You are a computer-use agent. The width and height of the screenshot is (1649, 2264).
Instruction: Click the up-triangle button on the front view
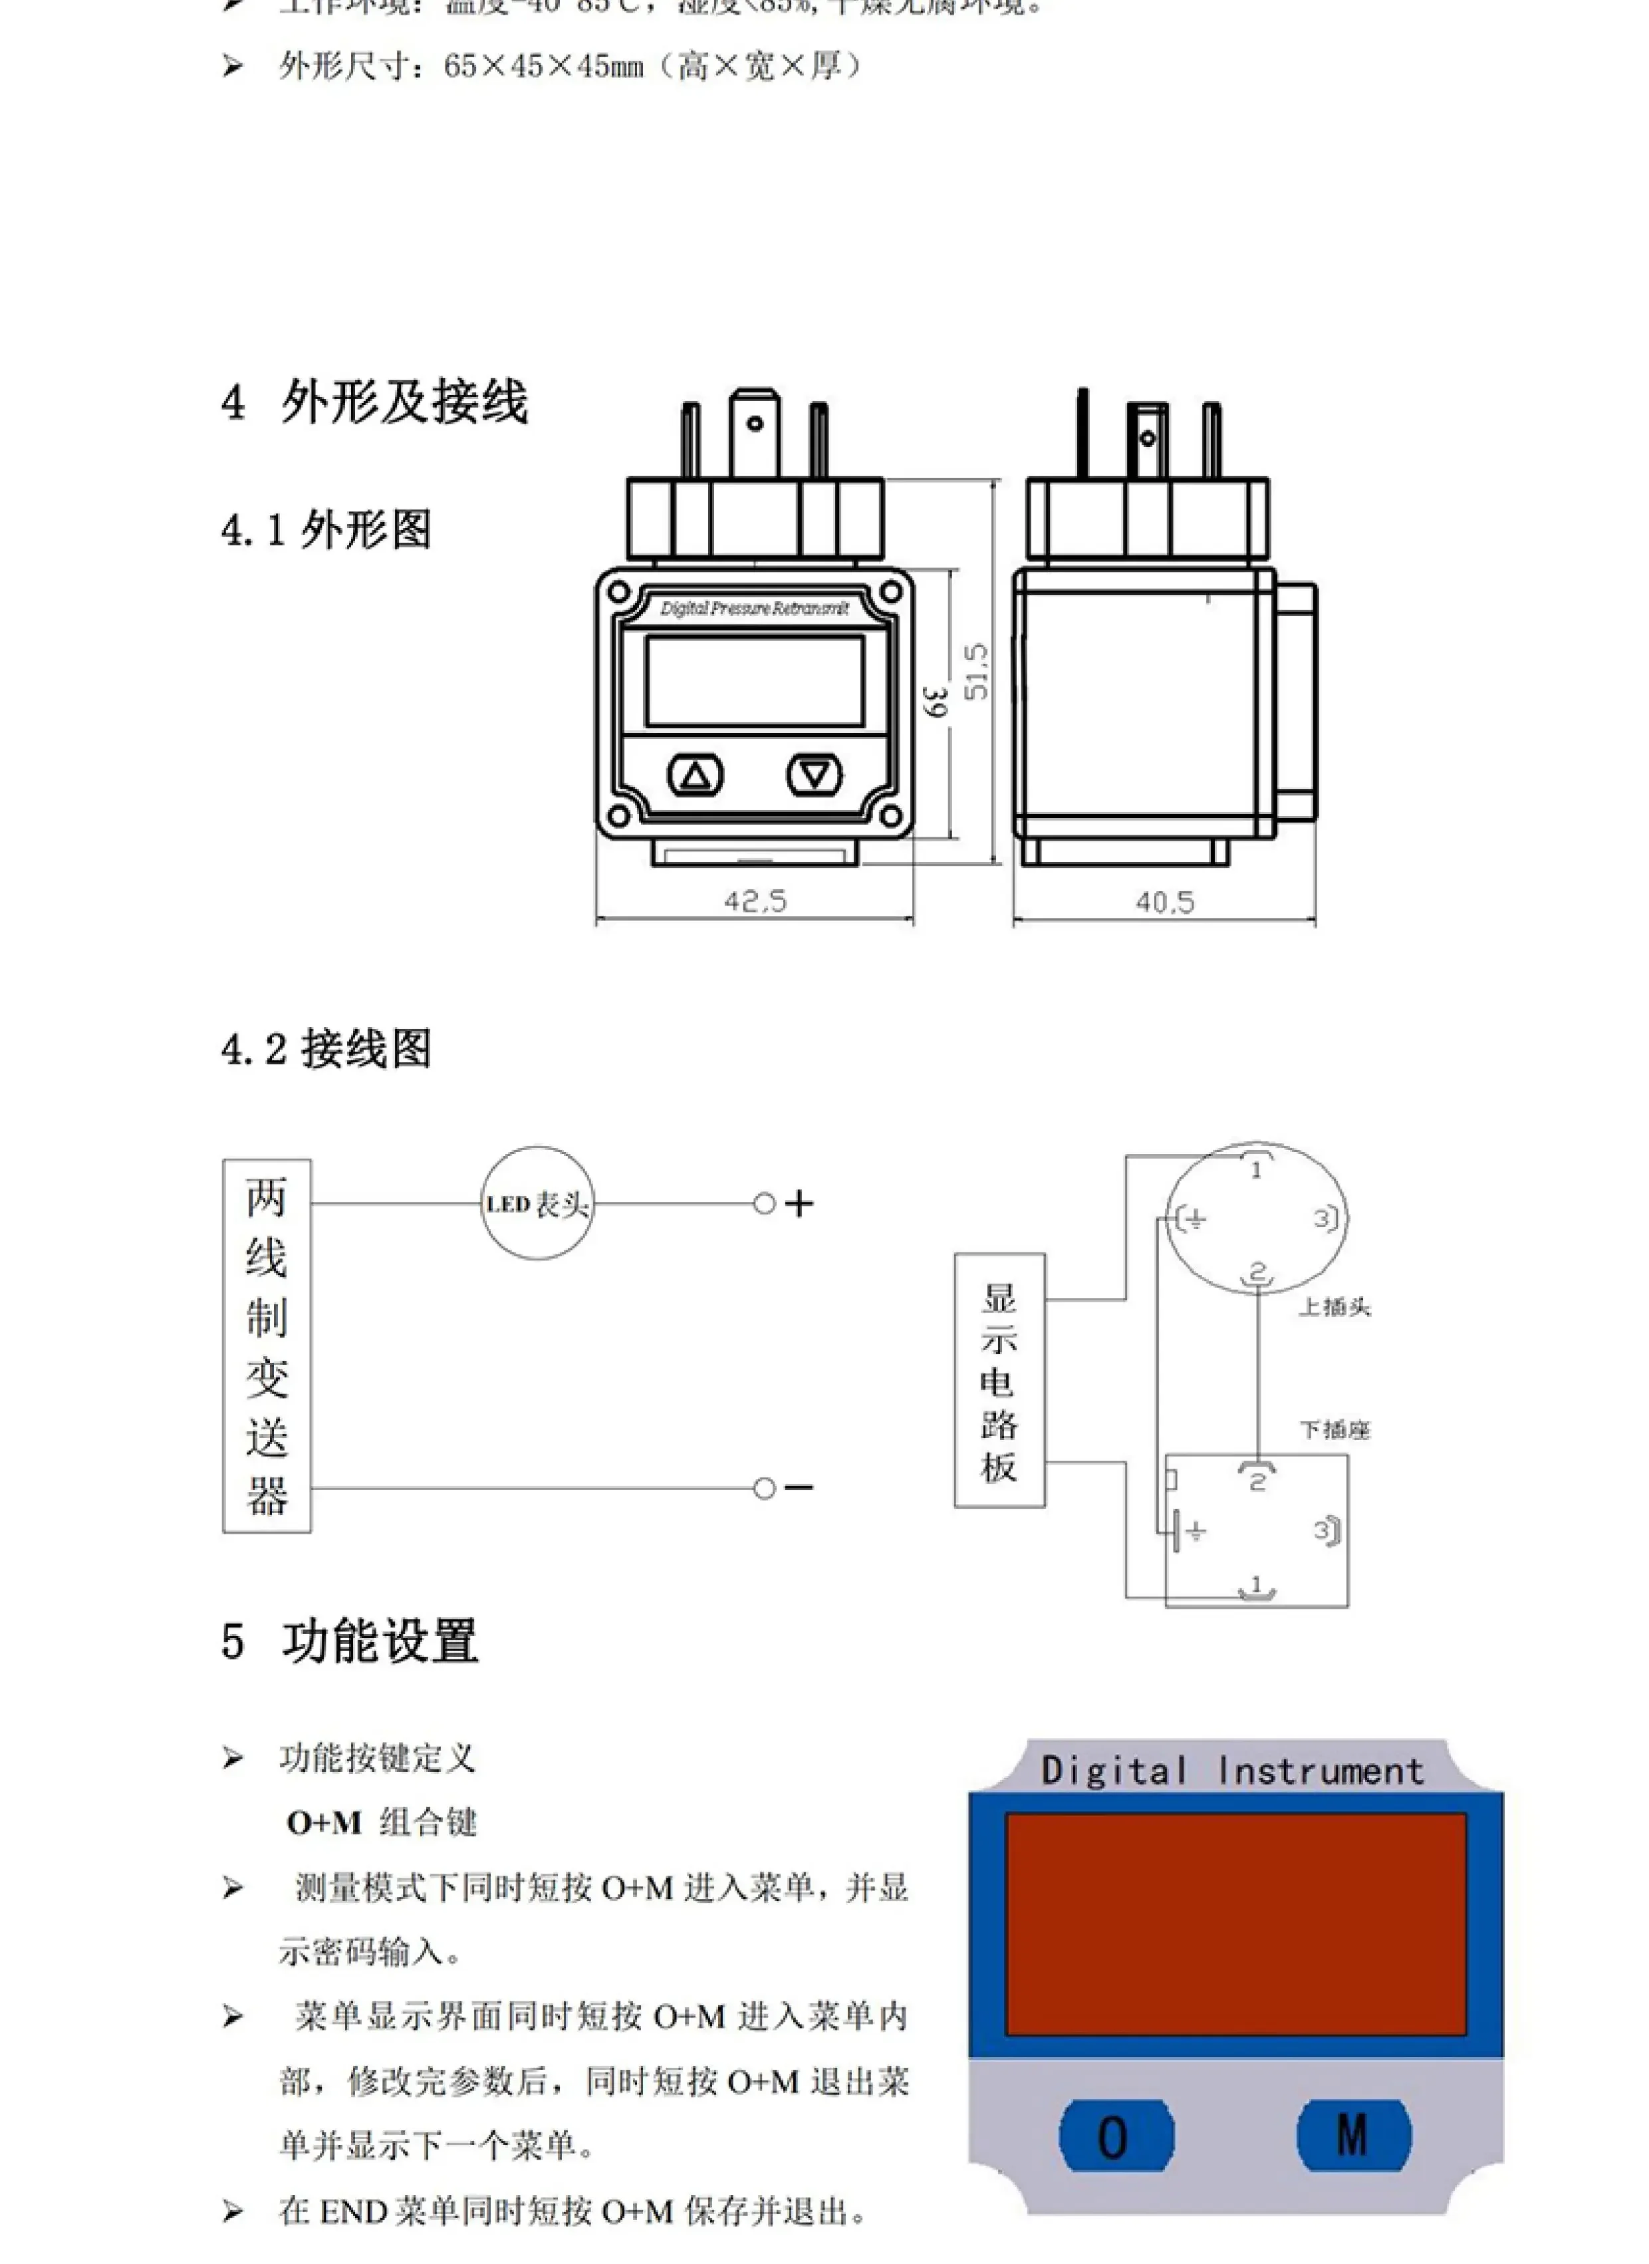[695, 775]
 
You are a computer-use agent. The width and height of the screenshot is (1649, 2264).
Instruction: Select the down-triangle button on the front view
[815, 774]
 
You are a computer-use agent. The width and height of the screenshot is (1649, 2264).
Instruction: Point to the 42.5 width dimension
[755, 901]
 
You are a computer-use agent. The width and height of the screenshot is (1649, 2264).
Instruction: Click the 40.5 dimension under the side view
[1164, 903]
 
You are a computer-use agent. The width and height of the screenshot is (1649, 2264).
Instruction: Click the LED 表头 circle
[537, 1203]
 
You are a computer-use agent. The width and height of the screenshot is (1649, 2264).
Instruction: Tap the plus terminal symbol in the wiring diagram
[799, 1203]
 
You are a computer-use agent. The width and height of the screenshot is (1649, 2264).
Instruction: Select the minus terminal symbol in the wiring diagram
[799, 1487]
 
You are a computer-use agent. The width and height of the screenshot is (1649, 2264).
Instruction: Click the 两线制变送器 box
[267, 1345]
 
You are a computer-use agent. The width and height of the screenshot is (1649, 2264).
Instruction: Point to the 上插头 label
[1334, 1307]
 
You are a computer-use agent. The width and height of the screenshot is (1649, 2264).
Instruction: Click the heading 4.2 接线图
[326, 1049]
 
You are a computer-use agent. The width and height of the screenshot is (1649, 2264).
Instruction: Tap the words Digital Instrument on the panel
[1233, 1771]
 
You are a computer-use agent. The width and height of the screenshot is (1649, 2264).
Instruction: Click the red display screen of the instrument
[1235, 1923]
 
